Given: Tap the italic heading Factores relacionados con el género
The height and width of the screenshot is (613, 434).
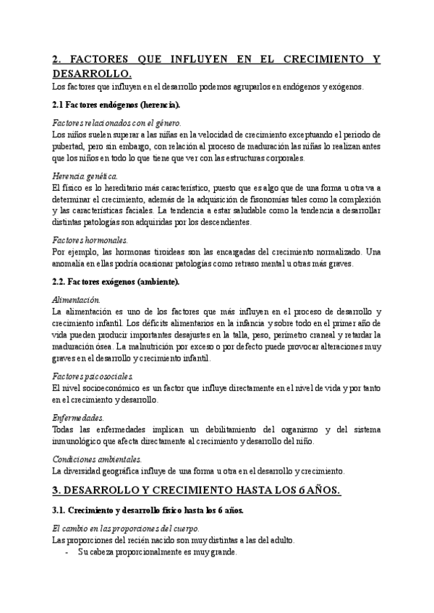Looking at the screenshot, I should [117, 123].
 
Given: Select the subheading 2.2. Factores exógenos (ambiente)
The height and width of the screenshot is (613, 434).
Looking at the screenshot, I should [119, 281].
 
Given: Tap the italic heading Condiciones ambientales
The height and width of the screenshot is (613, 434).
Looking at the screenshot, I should [98, 459].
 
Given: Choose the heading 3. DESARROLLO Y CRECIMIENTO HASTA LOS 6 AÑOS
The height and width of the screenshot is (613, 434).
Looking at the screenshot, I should [197, 491].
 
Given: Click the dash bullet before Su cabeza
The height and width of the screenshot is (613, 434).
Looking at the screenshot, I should [67, 552].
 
